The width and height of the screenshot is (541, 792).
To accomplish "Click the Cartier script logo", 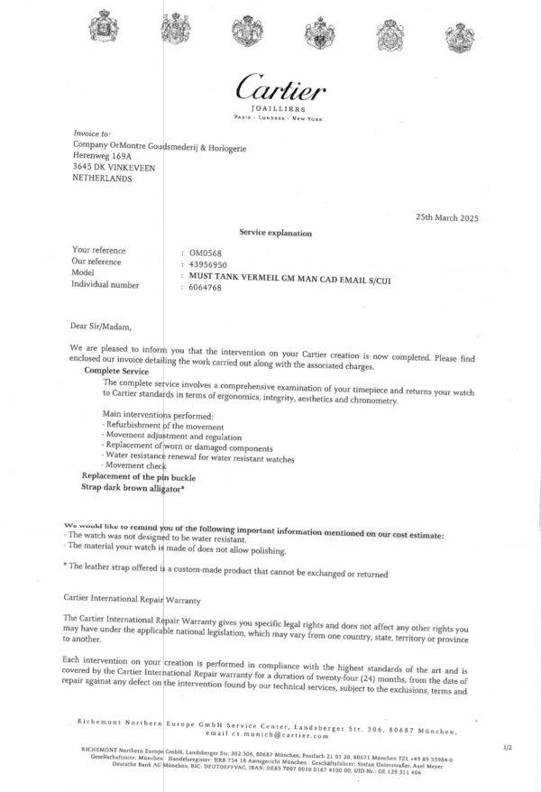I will (x=280, y=87).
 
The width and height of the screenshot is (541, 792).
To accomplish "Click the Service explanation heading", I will (x=275, y=233).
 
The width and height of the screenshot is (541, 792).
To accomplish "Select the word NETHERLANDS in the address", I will (x=101, y=179).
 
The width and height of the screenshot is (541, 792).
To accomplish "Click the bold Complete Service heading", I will (x=116, y=371).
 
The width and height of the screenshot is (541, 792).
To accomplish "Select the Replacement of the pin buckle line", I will (x=138, y=475).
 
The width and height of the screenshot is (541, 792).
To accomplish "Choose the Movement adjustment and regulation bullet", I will (x=164, y=435).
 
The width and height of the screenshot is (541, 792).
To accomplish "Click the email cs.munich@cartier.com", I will (x=289, y=737).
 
